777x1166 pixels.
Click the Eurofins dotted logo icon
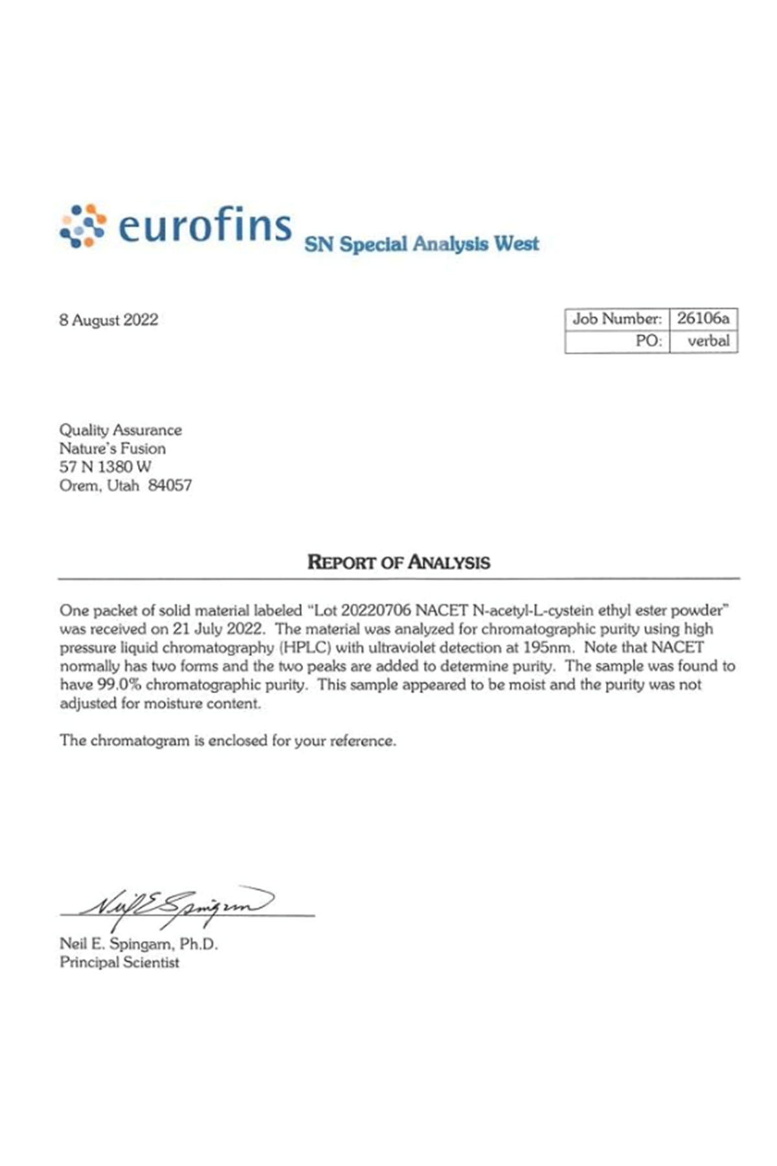point(82,225)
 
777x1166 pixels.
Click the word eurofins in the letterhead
point(205,225)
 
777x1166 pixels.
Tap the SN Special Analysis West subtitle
point(421,244)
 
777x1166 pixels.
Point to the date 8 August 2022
point(109,320)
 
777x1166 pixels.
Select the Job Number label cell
point(616,319)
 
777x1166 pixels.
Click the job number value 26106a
point(703,319)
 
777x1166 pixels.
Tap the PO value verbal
point(708,341)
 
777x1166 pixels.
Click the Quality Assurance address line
point(120,430)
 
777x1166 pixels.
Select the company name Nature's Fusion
point(113,448)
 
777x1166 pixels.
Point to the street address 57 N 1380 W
point(105,466)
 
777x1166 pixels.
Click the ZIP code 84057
point(170,485)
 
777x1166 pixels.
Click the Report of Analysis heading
point(399,562)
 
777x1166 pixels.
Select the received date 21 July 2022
point(218,629)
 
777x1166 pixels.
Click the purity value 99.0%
point(119,685)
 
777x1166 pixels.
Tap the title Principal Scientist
point(119,962)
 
